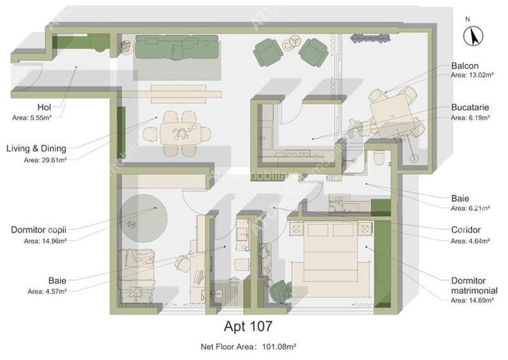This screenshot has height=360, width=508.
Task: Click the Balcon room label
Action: pyautogui.click(x=464, y=66)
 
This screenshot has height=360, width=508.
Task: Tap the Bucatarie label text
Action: pyautogui.click(x=470, y=109)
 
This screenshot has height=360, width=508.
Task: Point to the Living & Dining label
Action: pyautogui.click(x=36, y=149)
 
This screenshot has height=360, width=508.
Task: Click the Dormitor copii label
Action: pyautogui.click(x=38, y=230)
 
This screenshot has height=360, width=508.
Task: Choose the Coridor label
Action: pyautogui.click(x=465, y=230)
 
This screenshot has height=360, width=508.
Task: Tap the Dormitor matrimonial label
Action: pyautogui.click(x=473, y=285)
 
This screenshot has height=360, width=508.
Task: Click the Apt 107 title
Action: pyautogui.click(x=248, y=326)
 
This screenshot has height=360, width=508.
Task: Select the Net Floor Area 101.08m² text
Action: pyautogui.click(x=248, y=347)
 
